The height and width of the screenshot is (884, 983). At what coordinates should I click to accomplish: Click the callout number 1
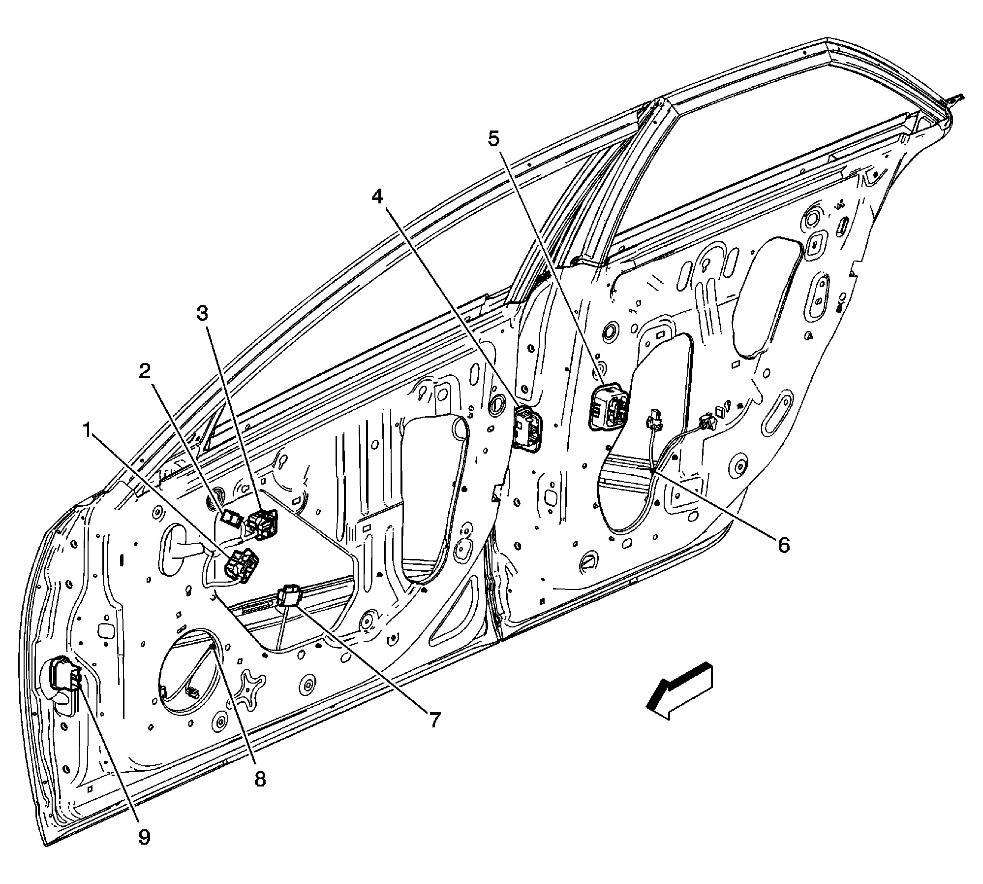pyautogui.click(x=88, y=432)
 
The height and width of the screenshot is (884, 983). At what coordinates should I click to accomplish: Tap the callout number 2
pyautogui.click(x=144, y=372)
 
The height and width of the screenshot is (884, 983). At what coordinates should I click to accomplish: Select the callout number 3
pyautogui.click(x=202, y=312)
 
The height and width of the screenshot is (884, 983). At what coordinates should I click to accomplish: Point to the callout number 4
pyautogui.click(x=377, y=197)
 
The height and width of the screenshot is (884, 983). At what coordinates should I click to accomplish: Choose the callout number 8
pyautogui.click(x=259, y=780)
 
